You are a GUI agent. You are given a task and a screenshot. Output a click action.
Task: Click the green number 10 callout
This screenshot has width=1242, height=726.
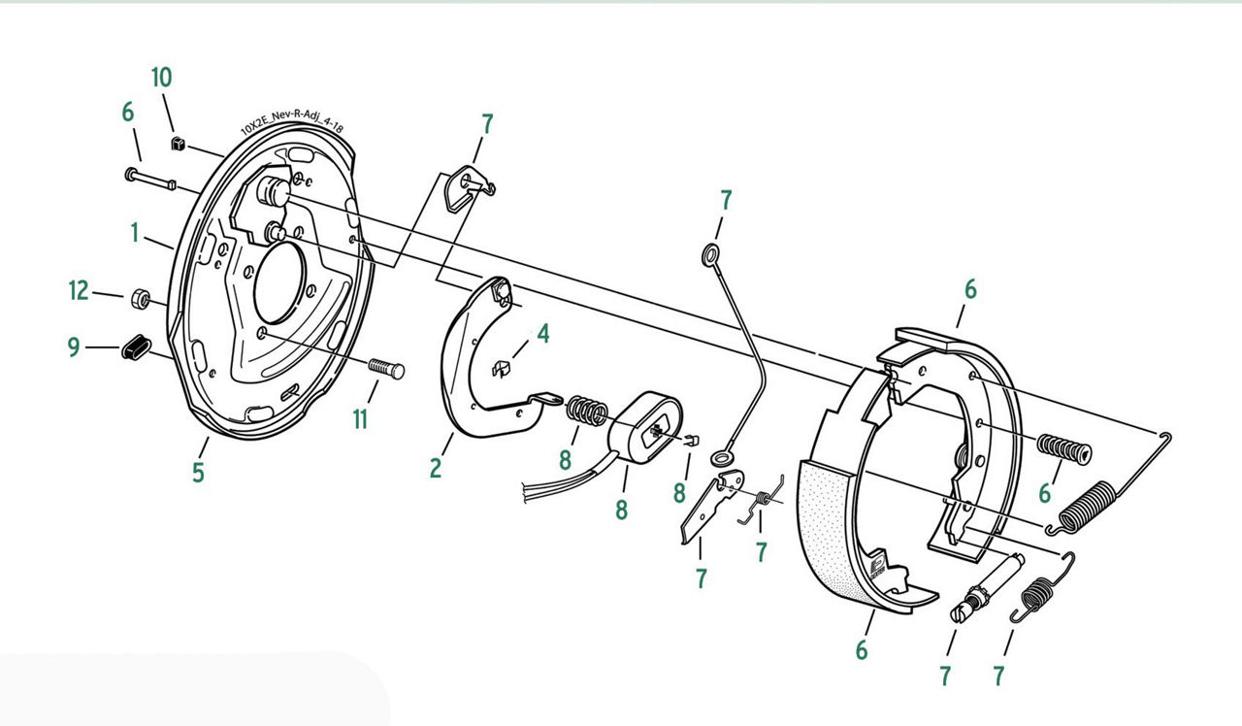coord(162,78)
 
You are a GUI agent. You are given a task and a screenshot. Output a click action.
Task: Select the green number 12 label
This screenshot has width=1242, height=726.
coord(79,290)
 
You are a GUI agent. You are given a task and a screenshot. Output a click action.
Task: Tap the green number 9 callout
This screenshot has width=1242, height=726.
coord(74,347)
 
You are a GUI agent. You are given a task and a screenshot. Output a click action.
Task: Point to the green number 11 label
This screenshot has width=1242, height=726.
coord(360,419)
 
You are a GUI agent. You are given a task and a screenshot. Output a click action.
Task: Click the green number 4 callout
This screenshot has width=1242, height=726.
coord(543,334)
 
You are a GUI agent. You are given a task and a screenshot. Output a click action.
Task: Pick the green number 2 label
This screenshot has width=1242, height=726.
coord(436,468)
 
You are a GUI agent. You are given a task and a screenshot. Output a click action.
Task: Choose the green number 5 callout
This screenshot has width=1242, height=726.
coord(199,473)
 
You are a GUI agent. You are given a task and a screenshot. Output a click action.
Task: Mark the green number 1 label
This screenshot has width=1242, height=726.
coord(135,233)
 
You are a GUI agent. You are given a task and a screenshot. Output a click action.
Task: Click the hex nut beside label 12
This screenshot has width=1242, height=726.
coord(141,299)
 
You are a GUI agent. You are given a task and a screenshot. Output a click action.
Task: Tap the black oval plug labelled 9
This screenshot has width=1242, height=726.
coord(136,347)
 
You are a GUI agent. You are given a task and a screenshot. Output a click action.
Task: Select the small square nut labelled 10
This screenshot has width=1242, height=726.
coord(178,144)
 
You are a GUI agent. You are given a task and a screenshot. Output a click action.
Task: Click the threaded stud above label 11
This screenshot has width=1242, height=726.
coord(386,368)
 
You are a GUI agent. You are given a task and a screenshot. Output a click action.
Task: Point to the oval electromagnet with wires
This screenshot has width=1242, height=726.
coord(645,428)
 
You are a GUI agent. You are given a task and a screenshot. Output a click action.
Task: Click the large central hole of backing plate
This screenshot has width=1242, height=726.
coord(279,282)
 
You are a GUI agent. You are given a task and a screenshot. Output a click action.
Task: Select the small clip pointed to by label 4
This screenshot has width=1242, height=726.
coord(502,369)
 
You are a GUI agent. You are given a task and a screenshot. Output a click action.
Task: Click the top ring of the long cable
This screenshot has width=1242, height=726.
coord(711,254)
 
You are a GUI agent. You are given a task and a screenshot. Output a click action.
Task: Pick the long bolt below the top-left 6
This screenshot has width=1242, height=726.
coord(150,179)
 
